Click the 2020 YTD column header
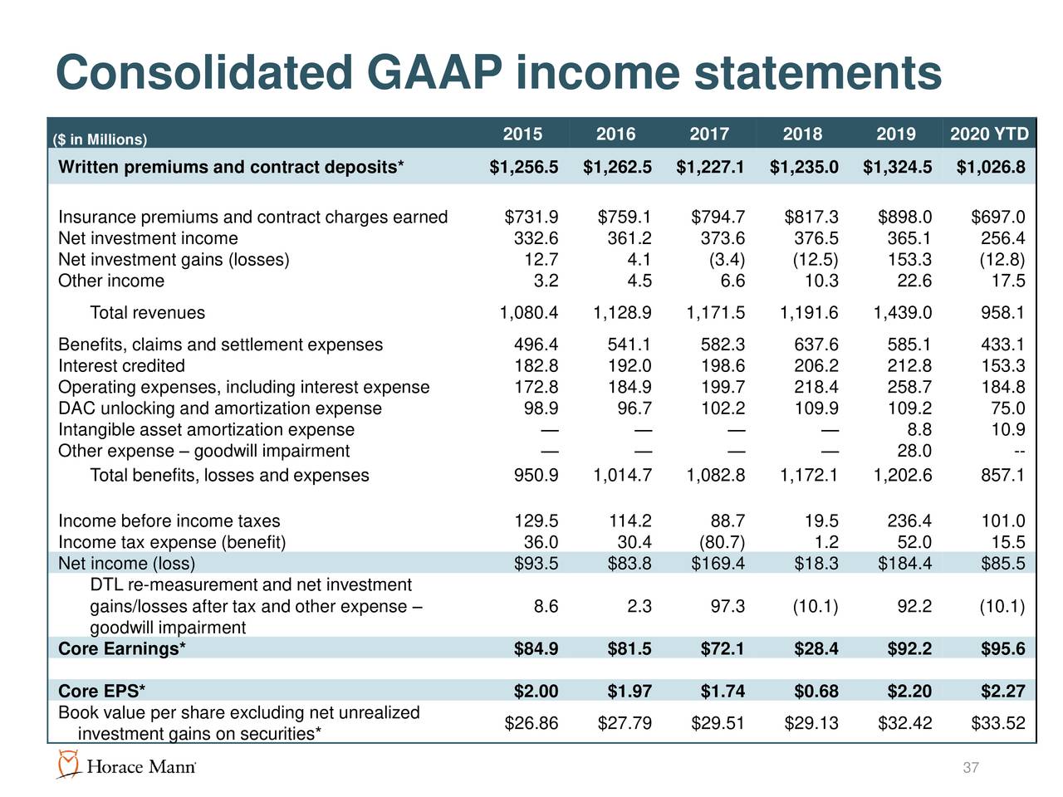989,134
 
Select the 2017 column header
709,134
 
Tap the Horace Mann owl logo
68,765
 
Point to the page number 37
971,768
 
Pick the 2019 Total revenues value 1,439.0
903,313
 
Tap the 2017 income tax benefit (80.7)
720,543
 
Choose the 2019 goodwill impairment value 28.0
914,451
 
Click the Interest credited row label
121,366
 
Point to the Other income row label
111,281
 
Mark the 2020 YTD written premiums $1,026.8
991,168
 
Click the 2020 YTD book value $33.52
997,723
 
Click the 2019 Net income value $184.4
904,565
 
